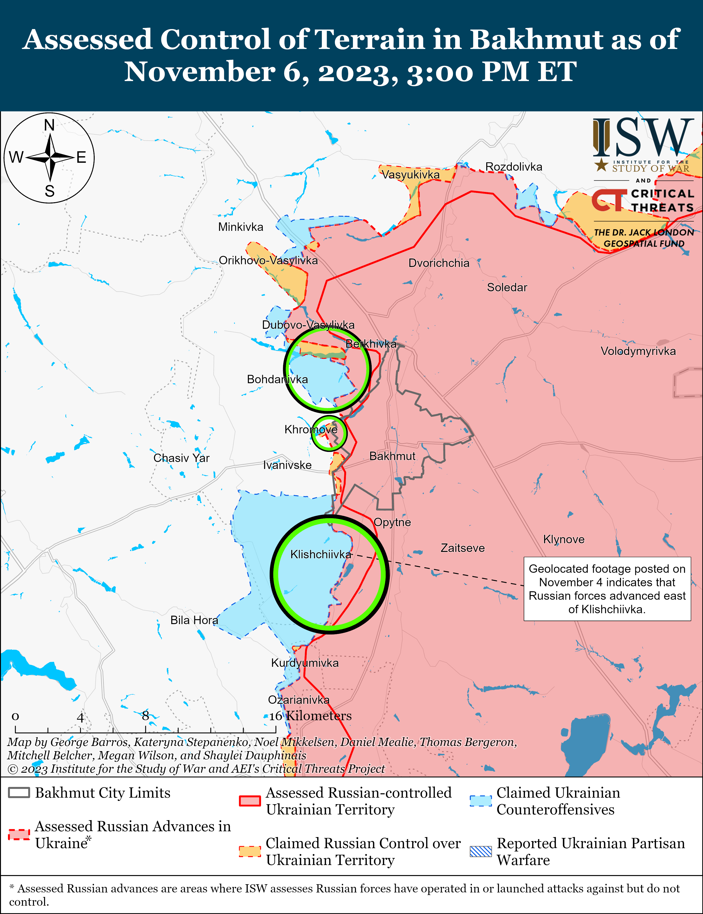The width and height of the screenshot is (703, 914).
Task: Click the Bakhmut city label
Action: (x=392, y=456)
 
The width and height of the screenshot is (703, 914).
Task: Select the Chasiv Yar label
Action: (x=181, y=458)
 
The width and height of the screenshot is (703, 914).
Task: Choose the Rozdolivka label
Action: (x=513, y=167)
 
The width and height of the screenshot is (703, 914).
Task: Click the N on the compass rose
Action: (x=49, y=125)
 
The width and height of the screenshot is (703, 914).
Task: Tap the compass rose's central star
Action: (x=50, y=158)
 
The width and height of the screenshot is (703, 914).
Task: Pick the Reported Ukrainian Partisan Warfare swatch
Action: (x=480, y=851)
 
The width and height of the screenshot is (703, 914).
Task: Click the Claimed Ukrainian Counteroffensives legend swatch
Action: (x=480, y=801)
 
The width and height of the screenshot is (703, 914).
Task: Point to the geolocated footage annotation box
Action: (x=607, y=588)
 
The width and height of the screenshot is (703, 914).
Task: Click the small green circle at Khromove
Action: (x=329, y=433)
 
